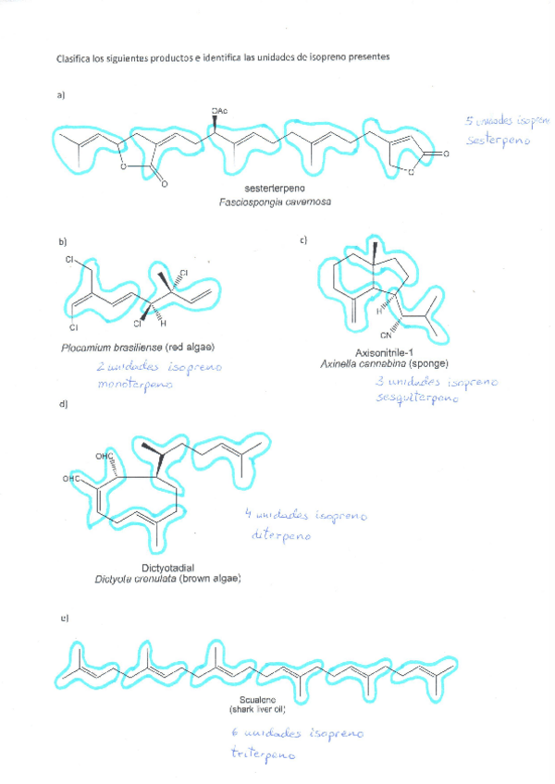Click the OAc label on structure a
click(x=219, y=111)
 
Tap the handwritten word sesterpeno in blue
click(x=499, y=143)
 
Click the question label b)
click(x=63, y=243)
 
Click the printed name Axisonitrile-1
click(x=383, y=352)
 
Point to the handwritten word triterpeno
click(x=264, y=754)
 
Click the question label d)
click(x=63, y=404)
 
